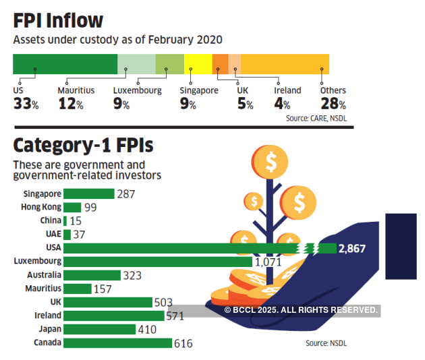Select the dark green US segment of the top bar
click(x=65, y=63)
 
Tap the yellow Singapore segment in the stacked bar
click(x=198, y=63)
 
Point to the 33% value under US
click(x=26, y=104)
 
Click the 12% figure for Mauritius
click(x=70, y=104)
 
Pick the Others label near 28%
click(x=333, y=90)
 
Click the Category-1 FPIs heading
click(x=83, y=145)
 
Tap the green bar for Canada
click(x=117, y=342)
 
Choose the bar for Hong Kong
click(x=72, y=207)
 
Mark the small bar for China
click(x=65, y=220)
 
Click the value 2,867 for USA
click(x=352, y=248)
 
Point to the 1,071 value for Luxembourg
click(x=267, y=262)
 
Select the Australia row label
click(x=43, y=275)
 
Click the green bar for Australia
click(x=92, y=275)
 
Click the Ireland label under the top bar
click(x=287, y=90)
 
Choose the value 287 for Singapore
click(x=125, y=193)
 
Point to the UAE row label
click(x=52, y=234)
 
